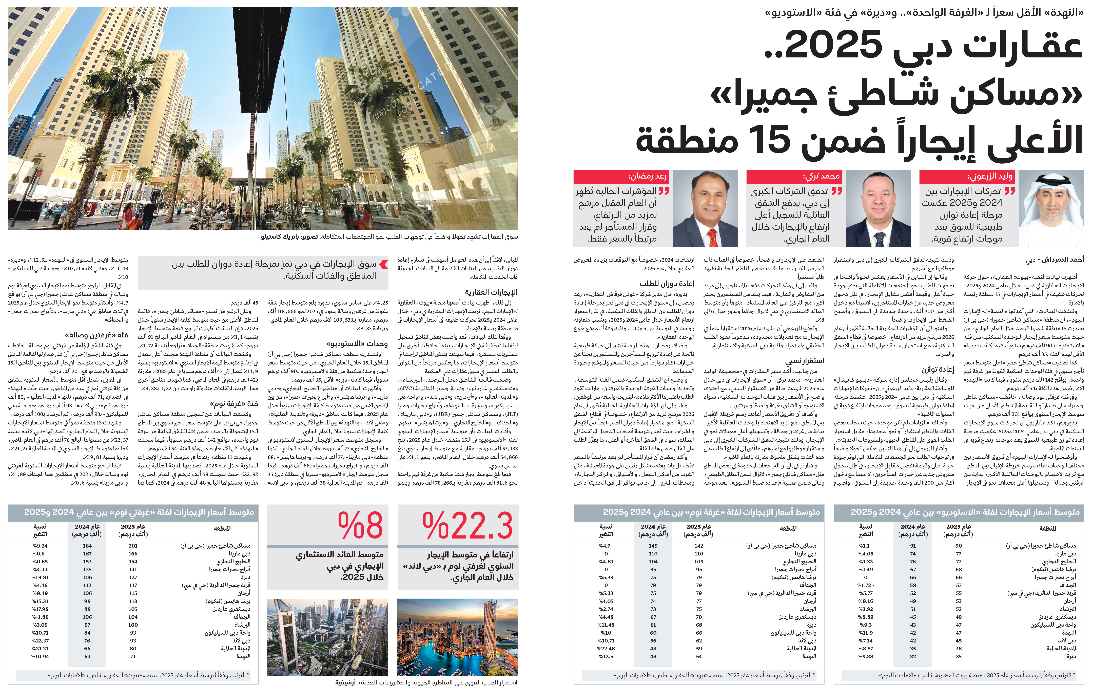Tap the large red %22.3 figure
(467, 526)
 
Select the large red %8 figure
(360, 526)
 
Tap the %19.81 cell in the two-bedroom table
(40, 577)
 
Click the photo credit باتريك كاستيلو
(278, 236)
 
